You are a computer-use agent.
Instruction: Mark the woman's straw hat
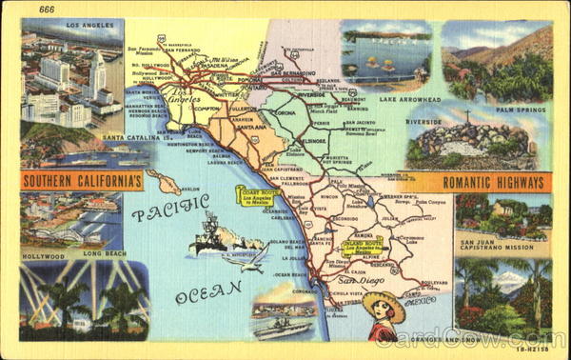[384, 305]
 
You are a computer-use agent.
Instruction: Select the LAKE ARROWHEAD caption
[391, 97]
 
